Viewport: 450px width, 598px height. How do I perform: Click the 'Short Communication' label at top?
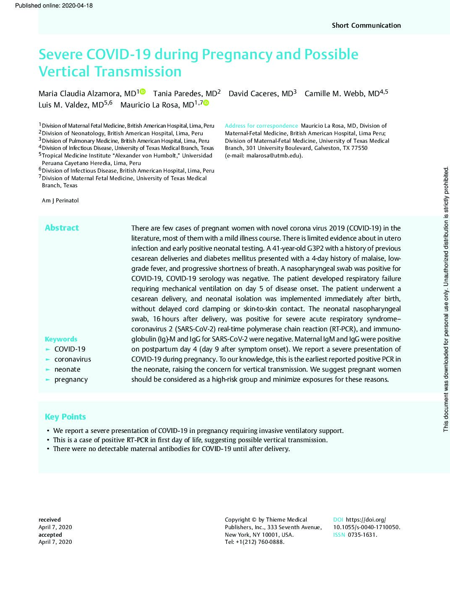[366, 25]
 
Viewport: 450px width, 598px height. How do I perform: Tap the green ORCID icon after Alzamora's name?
[143, 92]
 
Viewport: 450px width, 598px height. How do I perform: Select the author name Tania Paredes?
[185, 93]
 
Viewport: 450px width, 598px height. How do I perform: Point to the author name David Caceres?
[260, 93]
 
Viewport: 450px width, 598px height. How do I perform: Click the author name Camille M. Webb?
[342, 93]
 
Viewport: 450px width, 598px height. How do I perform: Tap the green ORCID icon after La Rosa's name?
[206, 103]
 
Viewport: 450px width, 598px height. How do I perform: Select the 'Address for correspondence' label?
[261, 126]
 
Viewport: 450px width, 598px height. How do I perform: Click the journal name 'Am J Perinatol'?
[60, 200]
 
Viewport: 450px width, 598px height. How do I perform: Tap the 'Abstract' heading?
[62, 228]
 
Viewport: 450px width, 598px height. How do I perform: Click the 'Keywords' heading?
[61, 339]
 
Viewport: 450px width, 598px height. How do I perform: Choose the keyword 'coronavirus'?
[73, 359]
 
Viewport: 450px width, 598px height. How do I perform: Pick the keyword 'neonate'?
[67, 369]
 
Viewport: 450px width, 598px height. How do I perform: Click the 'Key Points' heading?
[65, 417]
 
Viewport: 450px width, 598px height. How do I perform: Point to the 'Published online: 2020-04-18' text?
[53, 5]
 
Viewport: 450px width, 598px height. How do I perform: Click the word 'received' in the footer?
[50, 519]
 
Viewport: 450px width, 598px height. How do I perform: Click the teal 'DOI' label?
[338, 519]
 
